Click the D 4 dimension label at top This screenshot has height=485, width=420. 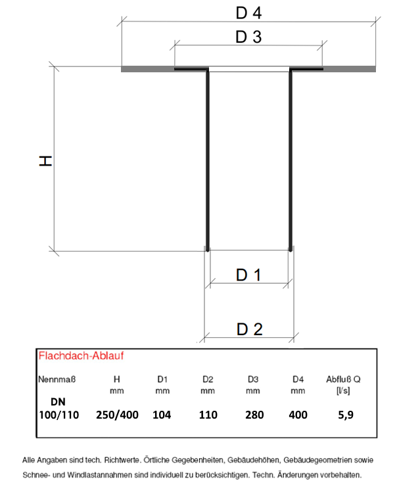coord(248,13)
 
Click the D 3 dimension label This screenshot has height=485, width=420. coord(248,37)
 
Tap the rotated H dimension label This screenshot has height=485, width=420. coord(45,161)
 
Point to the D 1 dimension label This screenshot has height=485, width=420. coord(248,275)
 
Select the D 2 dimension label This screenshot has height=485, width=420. coord(250,329)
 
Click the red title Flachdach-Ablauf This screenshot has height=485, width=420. coord(81,356)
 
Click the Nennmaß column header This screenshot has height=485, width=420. coord(57,379)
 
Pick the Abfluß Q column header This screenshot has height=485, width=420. coord(343,379)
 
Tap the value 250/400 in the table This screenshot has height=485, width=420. coord(117,415)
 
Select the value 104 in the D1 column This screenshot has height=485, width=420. coord(162,415)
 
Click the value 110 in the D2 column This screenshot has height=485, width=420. coord(208,415)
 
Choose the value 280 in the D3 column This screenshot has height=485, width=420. coord(254,415)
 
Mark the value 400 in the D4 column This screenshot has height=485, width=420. coord(298,415)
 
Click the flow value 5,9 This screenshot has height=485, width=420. coord(346,415)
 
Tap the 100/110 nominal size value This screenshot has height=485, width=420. coord(59,415)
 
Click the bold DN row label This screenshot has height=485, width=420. coord(58,402)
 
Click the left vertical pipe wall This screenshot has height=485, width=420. coord(208,160)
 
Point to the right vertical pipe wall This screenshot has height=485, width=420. coord(291,160)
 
